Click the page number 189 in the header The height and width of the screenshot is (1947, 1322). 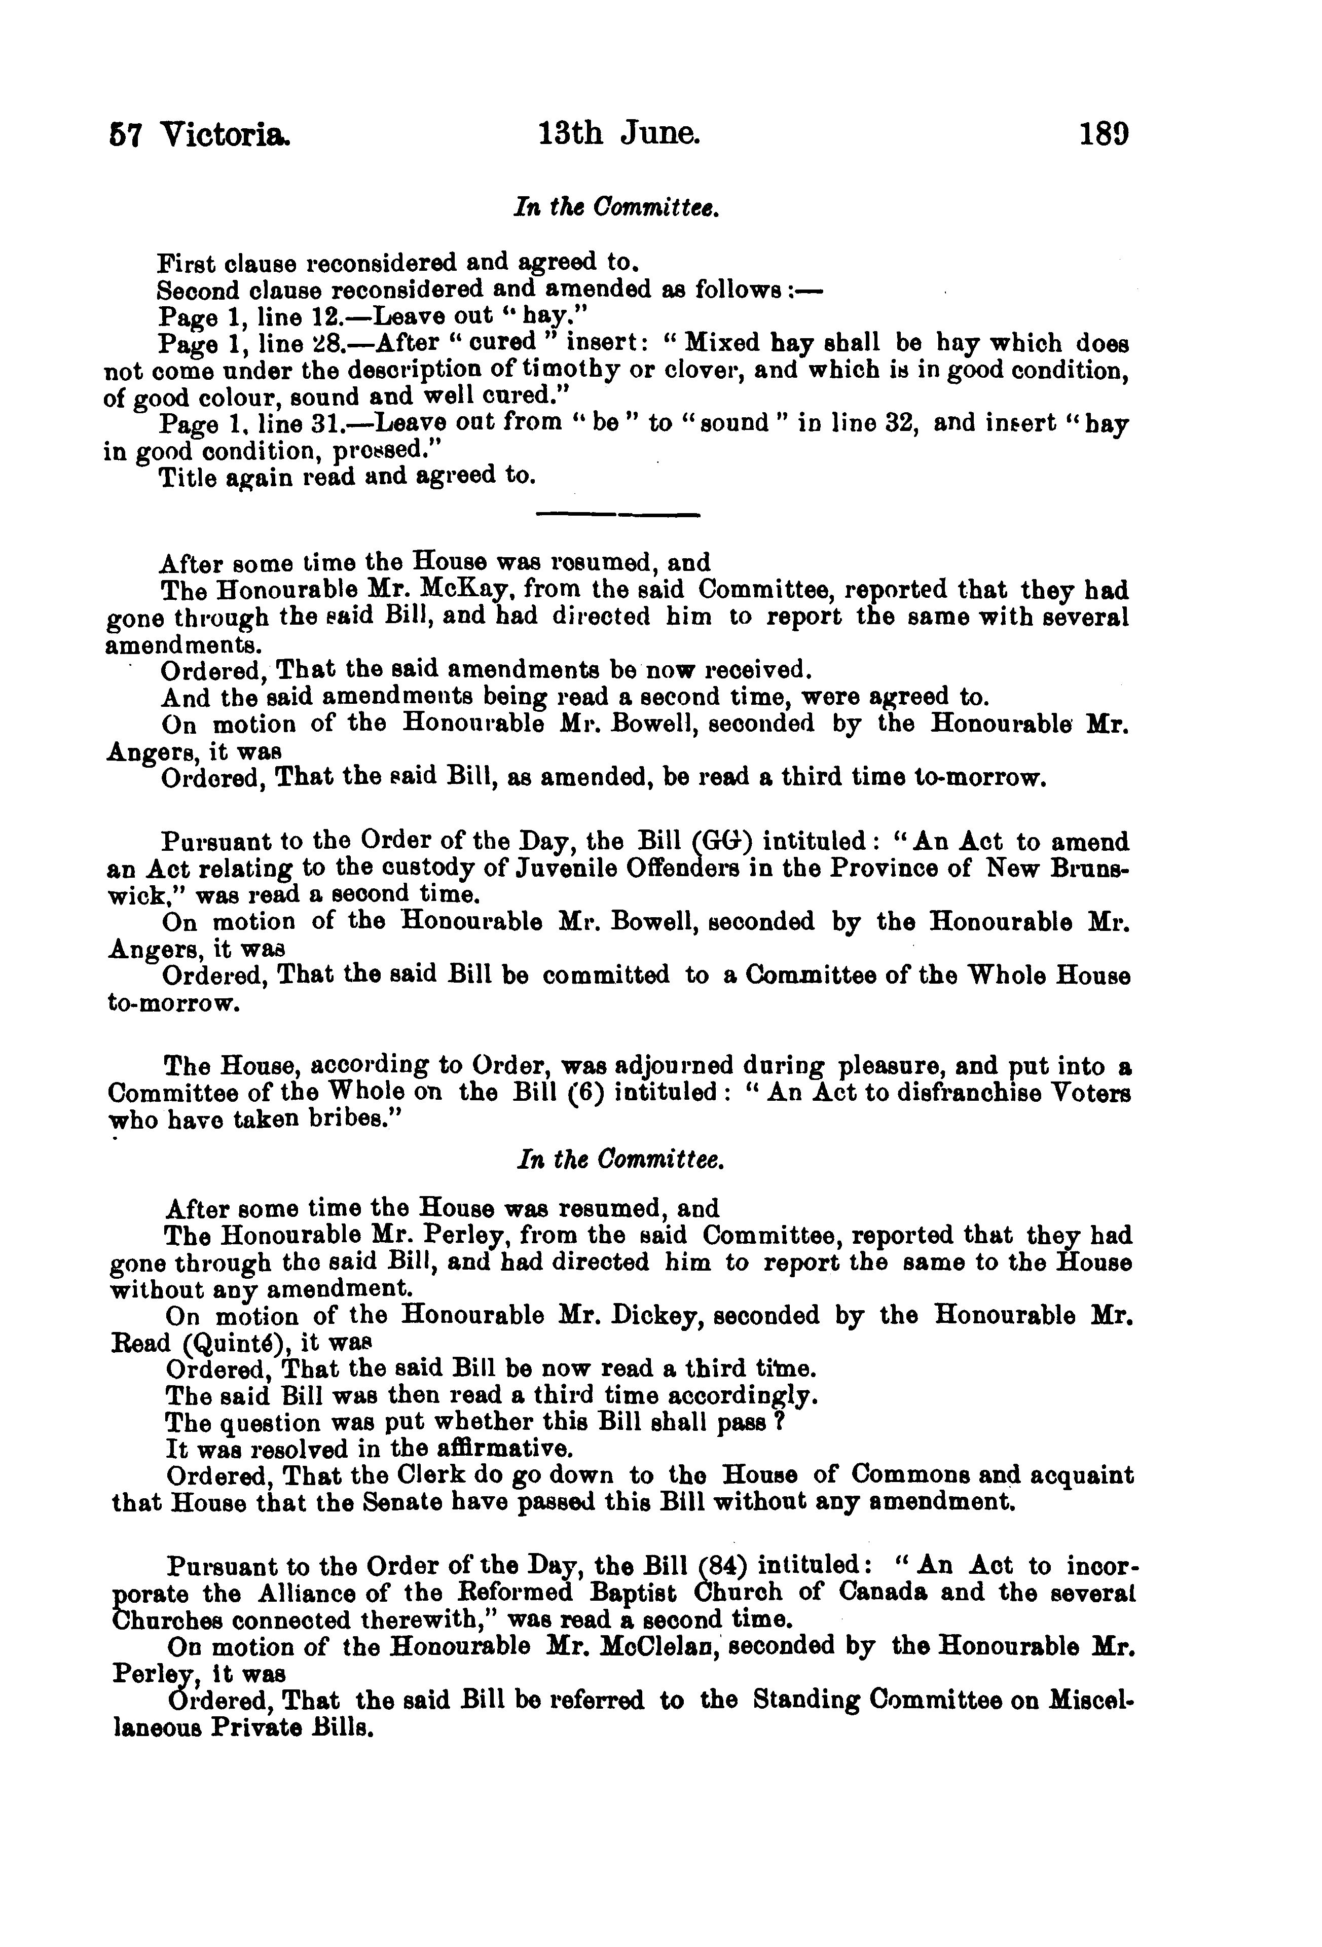coord(1104,135)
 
